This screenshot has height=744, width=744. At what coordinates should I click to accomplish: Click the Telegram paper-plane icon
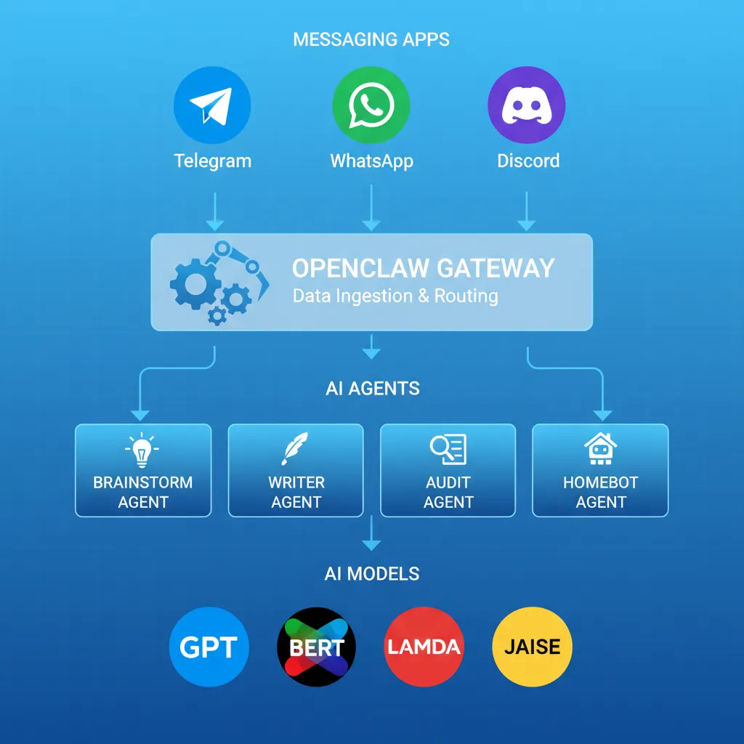212,106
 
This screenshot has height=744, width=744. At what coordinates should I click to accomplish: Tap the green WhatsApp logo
371,106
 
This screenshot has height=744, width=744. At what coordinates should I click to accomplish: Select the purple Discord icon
527,106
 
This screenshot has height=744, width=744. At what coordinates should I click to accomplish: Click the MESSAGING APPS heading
371,39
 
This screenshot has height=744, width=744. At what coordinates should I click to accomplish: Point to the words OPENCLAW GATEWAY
423,268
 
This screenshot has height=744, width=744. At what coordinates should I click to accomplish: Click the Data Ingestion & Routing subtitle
395,296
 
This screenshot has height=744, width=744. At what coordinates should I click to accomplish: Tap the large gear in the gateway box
195,282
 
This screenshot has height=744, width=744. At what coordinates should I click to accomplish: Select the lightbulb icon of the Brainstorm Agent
142,450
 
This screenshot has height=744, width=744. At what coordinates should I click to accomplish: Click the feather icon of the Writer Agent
295,448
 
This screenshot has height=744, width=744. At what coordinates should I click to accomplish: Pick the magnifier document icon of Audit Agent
448,449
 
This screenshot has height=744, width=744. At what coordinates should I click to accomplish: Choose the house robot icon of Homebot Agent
600,448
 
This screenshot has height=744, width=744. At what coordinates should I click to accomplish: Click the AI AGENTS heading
372,389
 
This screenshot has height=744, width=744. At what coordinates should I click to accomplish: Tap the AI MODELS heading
371,574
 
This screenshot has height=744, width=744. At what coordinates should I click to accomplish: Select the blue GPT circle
209,647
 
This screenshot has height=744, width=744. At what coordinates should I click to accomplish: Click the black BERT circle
316,647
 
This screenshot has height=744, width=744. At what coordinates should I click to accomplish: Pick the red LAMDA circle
424,647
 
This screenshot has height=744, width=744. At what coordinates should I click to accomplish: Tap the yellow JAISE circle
532,647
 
